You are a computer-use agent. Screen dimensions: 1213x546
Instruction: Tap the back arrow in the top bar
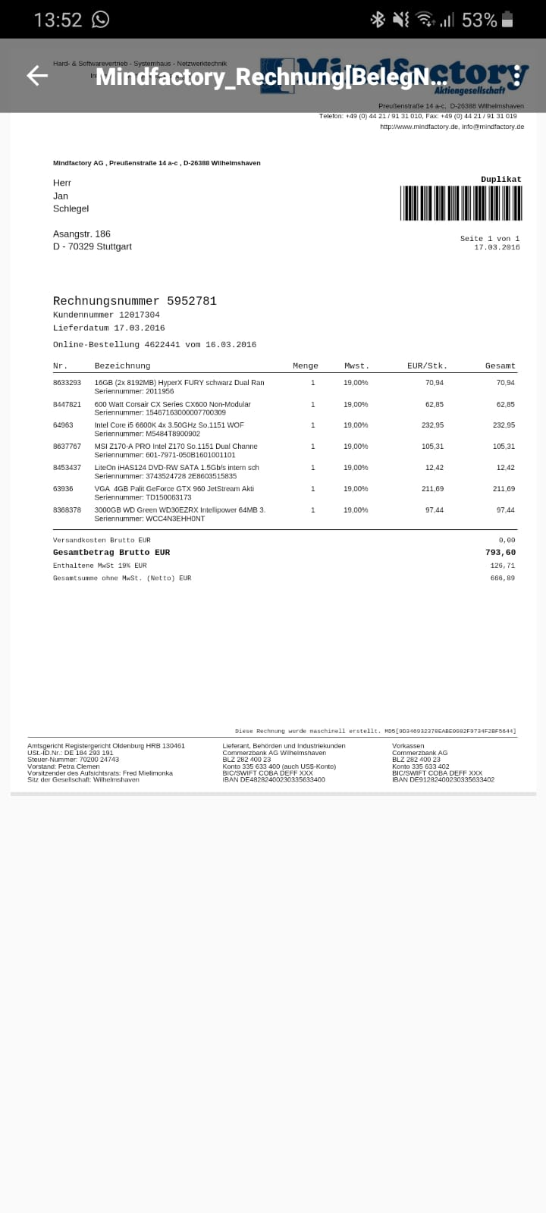pos(37,75)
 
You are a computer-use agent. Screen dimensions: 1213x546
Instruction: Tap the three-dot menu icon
pos(516,75)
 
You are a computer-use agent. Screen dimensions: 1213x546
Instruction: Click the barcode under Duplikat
pos(461,202)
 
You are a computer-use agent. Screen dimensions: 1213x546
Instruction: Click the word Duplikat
pos(501,180)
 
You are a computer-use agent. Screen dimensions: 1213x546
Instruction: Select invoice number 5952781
pos(192,301)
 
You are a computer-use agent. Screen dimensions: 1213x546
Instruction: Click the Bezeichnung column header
pos(122,365)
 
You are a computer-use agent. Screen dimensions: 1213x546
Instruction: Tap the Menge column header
pos(306,365)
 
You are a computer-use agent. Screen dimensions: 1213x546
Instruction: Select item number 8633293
pos(67,383)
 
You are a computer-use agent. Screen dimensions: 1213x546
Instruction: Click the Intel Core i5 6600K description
pos(169,425)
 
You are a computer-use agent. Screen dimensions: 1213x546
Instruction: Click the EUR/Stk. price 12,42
pos(435,468)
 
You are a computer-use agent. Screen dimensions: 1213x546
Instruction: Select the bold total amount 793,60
pos(500,553)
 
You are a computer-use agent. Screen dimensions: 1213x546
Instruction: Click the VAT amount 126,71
pos(503,566)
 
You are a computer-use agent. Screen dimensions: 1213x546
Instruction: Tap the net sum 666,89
pos(503,578)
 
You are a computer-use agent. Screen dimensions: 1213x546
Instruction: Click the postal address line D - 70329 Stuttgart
pos(93,246)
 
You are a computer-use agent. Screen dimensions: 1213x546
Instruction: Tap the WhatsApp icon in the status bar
pos(100,20)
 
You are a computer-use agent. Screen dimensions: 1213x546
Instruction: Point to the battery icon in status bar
pos(507,20)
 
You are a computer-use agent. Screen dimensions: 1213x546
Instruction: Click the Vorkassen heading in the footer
pos(408,746)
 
